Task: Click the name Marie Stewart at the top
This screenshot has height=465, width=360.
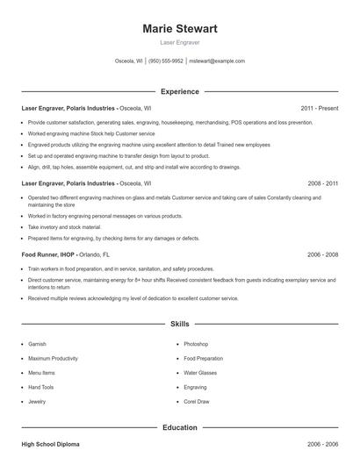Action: tap(180, 29)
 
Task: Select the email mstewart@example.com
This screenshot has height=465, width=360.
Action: tap(217, 61)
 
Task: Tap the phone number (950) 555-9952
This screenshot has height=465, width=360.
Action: tap(166, 61)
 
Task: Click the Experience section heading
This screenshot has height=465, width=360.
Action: tap(180, 91)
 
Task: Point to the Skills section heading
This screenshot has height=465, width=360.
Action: tap(180, 324)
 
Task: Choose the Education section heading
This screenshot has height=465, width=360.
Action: tap(180, 427)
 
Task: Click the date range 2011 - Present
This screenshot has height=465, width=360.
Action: tap(320, 108)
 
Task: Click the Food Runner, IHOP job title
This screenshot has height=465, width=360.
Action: tap(48, 254)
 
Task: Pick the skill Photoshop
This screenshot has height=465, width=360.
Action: tap(196, 344)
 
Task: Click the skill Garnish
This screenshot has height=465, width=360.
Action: tap(37, 344)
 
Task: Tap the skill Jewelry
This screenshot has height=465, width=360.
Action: tap(37, 401)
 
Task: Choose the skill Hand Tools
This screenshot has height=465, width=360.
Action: tap(41, 387)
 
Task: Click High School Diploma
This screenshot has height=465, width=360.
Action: tap(50, 445)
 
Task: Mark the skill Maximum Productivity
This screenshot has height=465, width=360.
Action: tap(53, 358)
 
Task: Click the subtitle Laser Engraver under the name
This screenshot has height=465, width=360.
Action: tap(180, 42)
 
